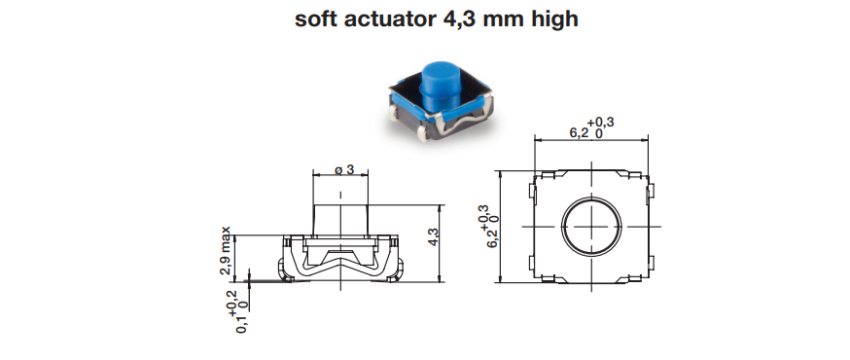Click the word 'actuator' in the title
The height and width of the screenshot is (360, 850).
point(388,19)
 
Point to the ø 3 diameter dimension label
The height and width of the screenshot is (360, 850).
point(343,169)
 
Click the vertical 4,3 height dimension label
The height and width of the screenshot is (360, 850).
point(433,237)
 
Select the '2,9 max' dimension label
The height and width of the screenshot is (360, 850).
point(226,250)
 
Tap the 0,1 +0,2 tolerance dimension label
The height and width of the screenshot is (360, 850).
point(238,311)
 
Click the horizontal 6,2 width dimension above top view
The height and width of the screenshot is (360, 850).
point(591,128)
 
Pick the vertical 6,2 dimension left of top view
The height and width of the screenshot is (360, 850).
point(487,226)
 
